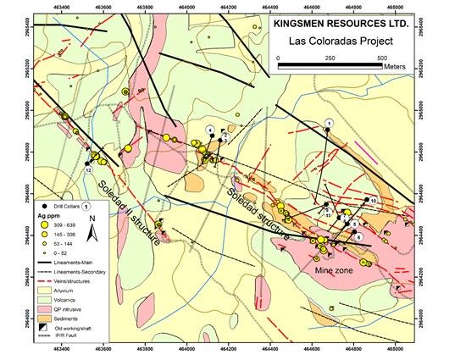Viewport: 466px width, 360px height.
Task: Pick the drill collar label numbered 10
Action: [373, 200]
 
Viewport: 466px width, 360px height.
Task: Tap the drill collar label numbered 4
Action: [209, 129]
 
